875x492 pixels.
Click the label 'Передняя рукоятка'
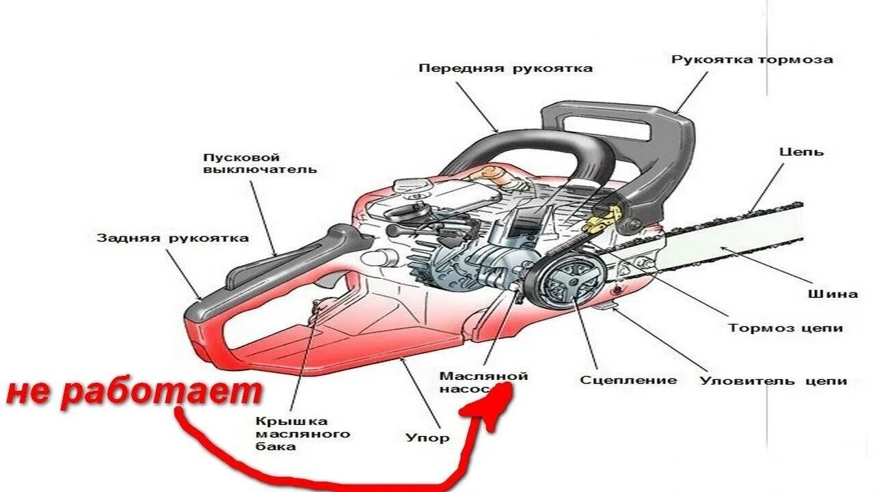click(505, 68)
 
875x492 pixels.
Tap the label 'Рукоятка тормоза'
click(752, 59)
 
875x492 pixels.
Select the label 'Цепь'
click(801, 152)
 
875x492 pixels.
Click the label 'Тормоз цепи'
click(785, 328)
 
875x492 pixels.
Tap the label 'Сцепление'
click(628, 380)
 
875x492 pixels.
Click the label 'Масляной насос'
click(483, 383)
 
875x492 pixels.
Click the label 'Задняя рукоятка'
click(172, 238)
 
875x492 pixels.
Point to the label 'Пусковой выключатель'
click(260, 163)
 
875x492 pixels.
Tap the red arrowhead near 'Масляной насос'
click(494, 403)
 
